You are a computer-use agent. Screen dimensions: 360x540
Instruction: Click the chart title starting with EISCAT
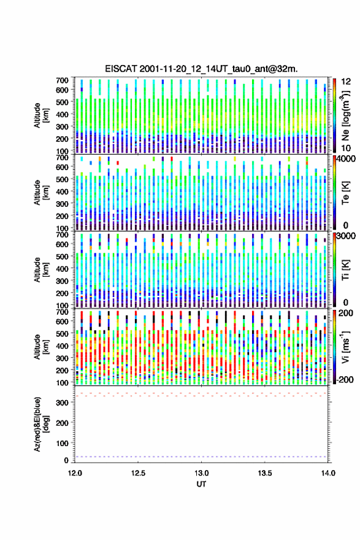(x=201, y=69)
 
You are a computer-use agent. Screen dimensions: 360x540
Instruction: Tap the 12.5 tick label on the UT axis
(x=138, y=473)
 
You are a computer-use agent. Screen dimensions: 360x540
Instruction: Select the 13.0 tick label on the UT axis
(x=201, y=473)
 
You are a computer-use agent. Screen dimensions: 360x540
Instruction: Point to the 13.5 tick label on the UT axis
(x=265, y=473)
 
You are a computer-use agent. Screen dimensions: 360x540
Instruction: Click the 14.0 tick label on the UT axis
(x=328, y=473)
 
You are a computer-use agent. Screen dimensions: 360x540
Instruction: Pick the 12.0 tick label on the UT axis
(x=75, y=473)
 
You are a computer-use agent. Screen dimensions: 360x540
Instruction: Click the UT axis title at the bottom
(x=201, y=484)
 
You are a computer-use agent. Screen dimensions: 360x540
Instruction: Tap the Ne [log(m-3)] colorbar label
(x=345, y=115)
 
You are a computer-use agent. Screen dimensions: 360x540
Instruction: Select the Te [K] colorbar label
(x=345, y=193)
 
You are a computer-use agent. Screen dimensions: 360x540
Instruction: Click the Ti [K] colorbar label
(x=345, y=270)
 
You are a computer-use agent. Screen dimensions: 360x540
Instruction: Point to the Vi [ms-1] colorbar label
(x=345, y=347)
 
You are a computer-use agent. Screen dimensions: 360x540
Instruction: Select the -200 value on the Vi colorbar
(x=345, y=379)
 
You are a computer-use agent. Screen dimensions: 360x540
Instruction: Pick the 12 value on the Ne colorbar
(x=346, y=82)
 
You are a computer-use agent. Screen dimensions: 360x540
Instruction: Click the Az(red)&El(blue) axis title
(x=41, y=424)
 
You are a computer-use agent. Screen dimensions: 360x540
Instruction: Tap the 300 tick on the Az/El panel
(x=63, y=403)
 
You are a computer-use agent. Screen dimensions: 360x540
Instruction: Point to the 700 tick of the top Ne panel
(x=62, y=80)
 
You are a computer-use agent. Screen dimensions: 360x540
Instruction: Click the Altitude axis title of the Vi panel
(x=41, y=347)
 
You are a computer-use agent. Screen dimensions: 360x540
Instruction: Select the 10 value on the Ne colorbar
(x=346, y=148)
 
